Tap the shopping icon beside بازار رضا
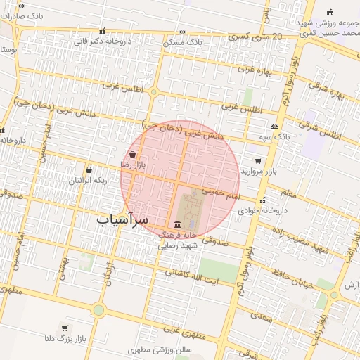point(133,154)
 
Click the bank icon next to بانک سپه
point(274,126)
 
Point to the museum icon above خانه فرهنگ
point(176,224)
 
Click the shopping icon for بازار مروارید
point(258,161)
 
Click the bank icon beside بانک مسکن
point(182,32)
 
